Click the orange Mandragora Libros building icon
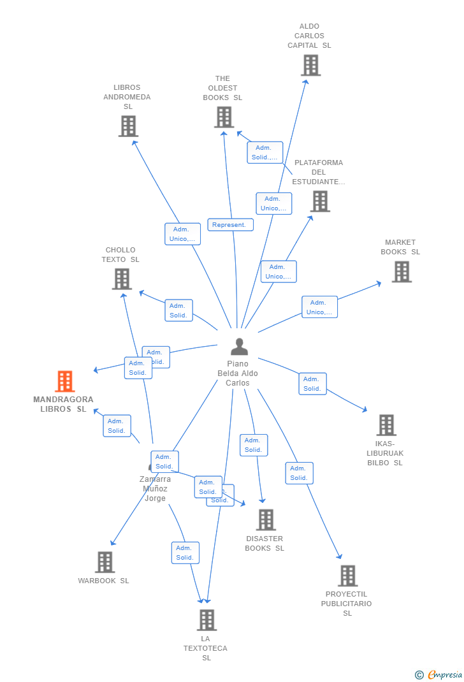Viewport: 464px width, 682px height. [64, 381]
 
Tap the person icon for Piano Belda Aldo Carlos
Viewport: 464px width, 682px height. [239, 347]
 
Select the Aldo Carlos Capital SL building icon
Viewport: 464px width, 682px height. [310, 65]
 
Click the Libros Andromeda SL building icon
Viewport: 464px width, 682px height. [128, 126]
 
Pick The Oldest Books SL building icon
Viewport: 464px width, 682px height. [224, 117]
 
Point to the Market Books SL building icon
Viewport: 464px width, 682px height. [401, 272]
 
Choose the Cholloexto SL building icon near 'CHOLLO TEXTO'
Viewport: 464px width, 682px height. [122, 279]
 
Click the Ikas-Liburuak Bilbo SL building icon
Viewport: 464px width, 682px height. [386, 425]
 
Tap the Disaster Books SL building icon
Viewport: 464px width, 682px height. [266, 519]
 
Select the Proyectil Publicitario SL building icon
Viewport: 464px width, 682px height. [347, 576]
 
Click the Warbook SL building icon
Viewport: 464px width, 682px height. [105, 562]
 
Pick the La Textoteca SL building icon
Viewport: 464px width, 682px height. [207, 620]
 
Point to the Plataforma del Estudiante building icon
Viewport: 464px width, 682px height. [319, 201]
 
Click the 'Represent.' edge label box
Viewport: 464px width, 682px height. [229, 225]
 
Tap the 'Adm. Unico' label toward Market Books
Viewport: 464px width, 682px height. [319, 307]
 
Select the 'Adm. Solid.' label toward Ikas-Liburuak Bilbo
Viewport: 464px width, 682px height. [312, 384]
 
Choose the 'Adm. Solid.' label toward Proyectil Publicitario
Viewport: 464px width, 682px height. [299, 473]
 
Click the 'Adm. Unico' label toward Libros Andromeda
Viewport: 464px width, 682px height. [182, 234]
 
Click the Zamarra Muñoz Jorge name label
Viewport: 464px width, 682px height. [155, 489]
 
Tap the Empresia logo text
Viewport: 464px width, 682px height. [445, 674]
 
